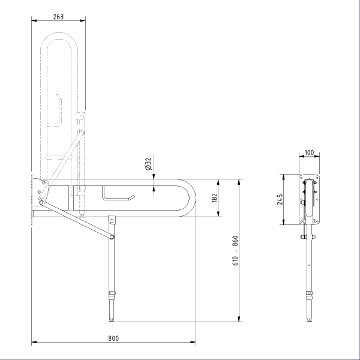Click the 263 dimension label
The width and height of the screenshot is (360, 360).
(58, 17)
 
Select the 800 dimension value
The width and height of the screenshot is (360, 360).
(113, 338)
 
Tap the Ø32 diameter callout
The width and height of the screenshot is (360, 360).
(149, 164)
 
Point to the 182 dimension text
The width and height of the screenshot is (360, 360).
(214, 197)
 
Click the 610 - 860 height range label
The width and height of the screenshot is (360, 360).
(235, 250)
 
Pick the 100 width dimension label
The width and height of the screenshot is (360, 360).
(309, 152)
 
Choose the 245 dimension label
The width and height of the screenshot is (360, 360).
(280, 199)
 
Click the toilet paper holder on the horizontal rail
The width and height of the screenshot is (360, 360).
(118, 194)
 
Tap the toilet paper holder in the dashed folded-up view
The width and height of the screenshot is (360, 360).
(55, 110)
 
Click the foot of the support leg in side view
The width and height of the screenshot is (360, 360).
(112, 320)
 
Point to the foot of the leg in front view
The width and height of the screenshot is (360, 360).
(309, 320)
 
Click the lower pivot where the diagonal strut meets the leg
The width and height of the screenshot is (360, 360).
(112, 237)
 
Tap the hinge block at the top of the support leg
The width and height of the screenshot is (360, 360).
(112, 220)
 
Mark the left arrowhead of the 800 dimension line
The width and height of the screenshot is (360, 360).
(34, 342)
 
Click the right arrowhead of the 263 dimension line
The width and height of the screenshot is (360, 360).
(83, 20)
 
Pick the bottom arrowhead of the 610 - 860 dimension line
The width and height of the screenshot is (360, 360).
(239, 319)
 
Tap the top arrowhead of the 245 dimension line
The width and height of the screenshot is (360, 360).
(283, 177)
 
